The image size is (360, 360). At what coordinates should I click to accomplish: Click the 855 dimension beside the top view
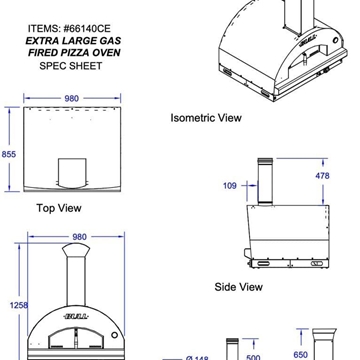(x=8, y=154)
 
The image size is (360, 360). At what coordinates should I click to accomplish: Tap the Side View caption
(x=239, y=286)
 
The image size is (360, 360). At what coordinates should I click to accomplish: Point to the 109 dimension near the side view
(x=230, y=186)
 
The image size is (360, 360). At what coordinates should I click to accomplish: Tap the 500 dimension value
(x=253, y=355)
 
